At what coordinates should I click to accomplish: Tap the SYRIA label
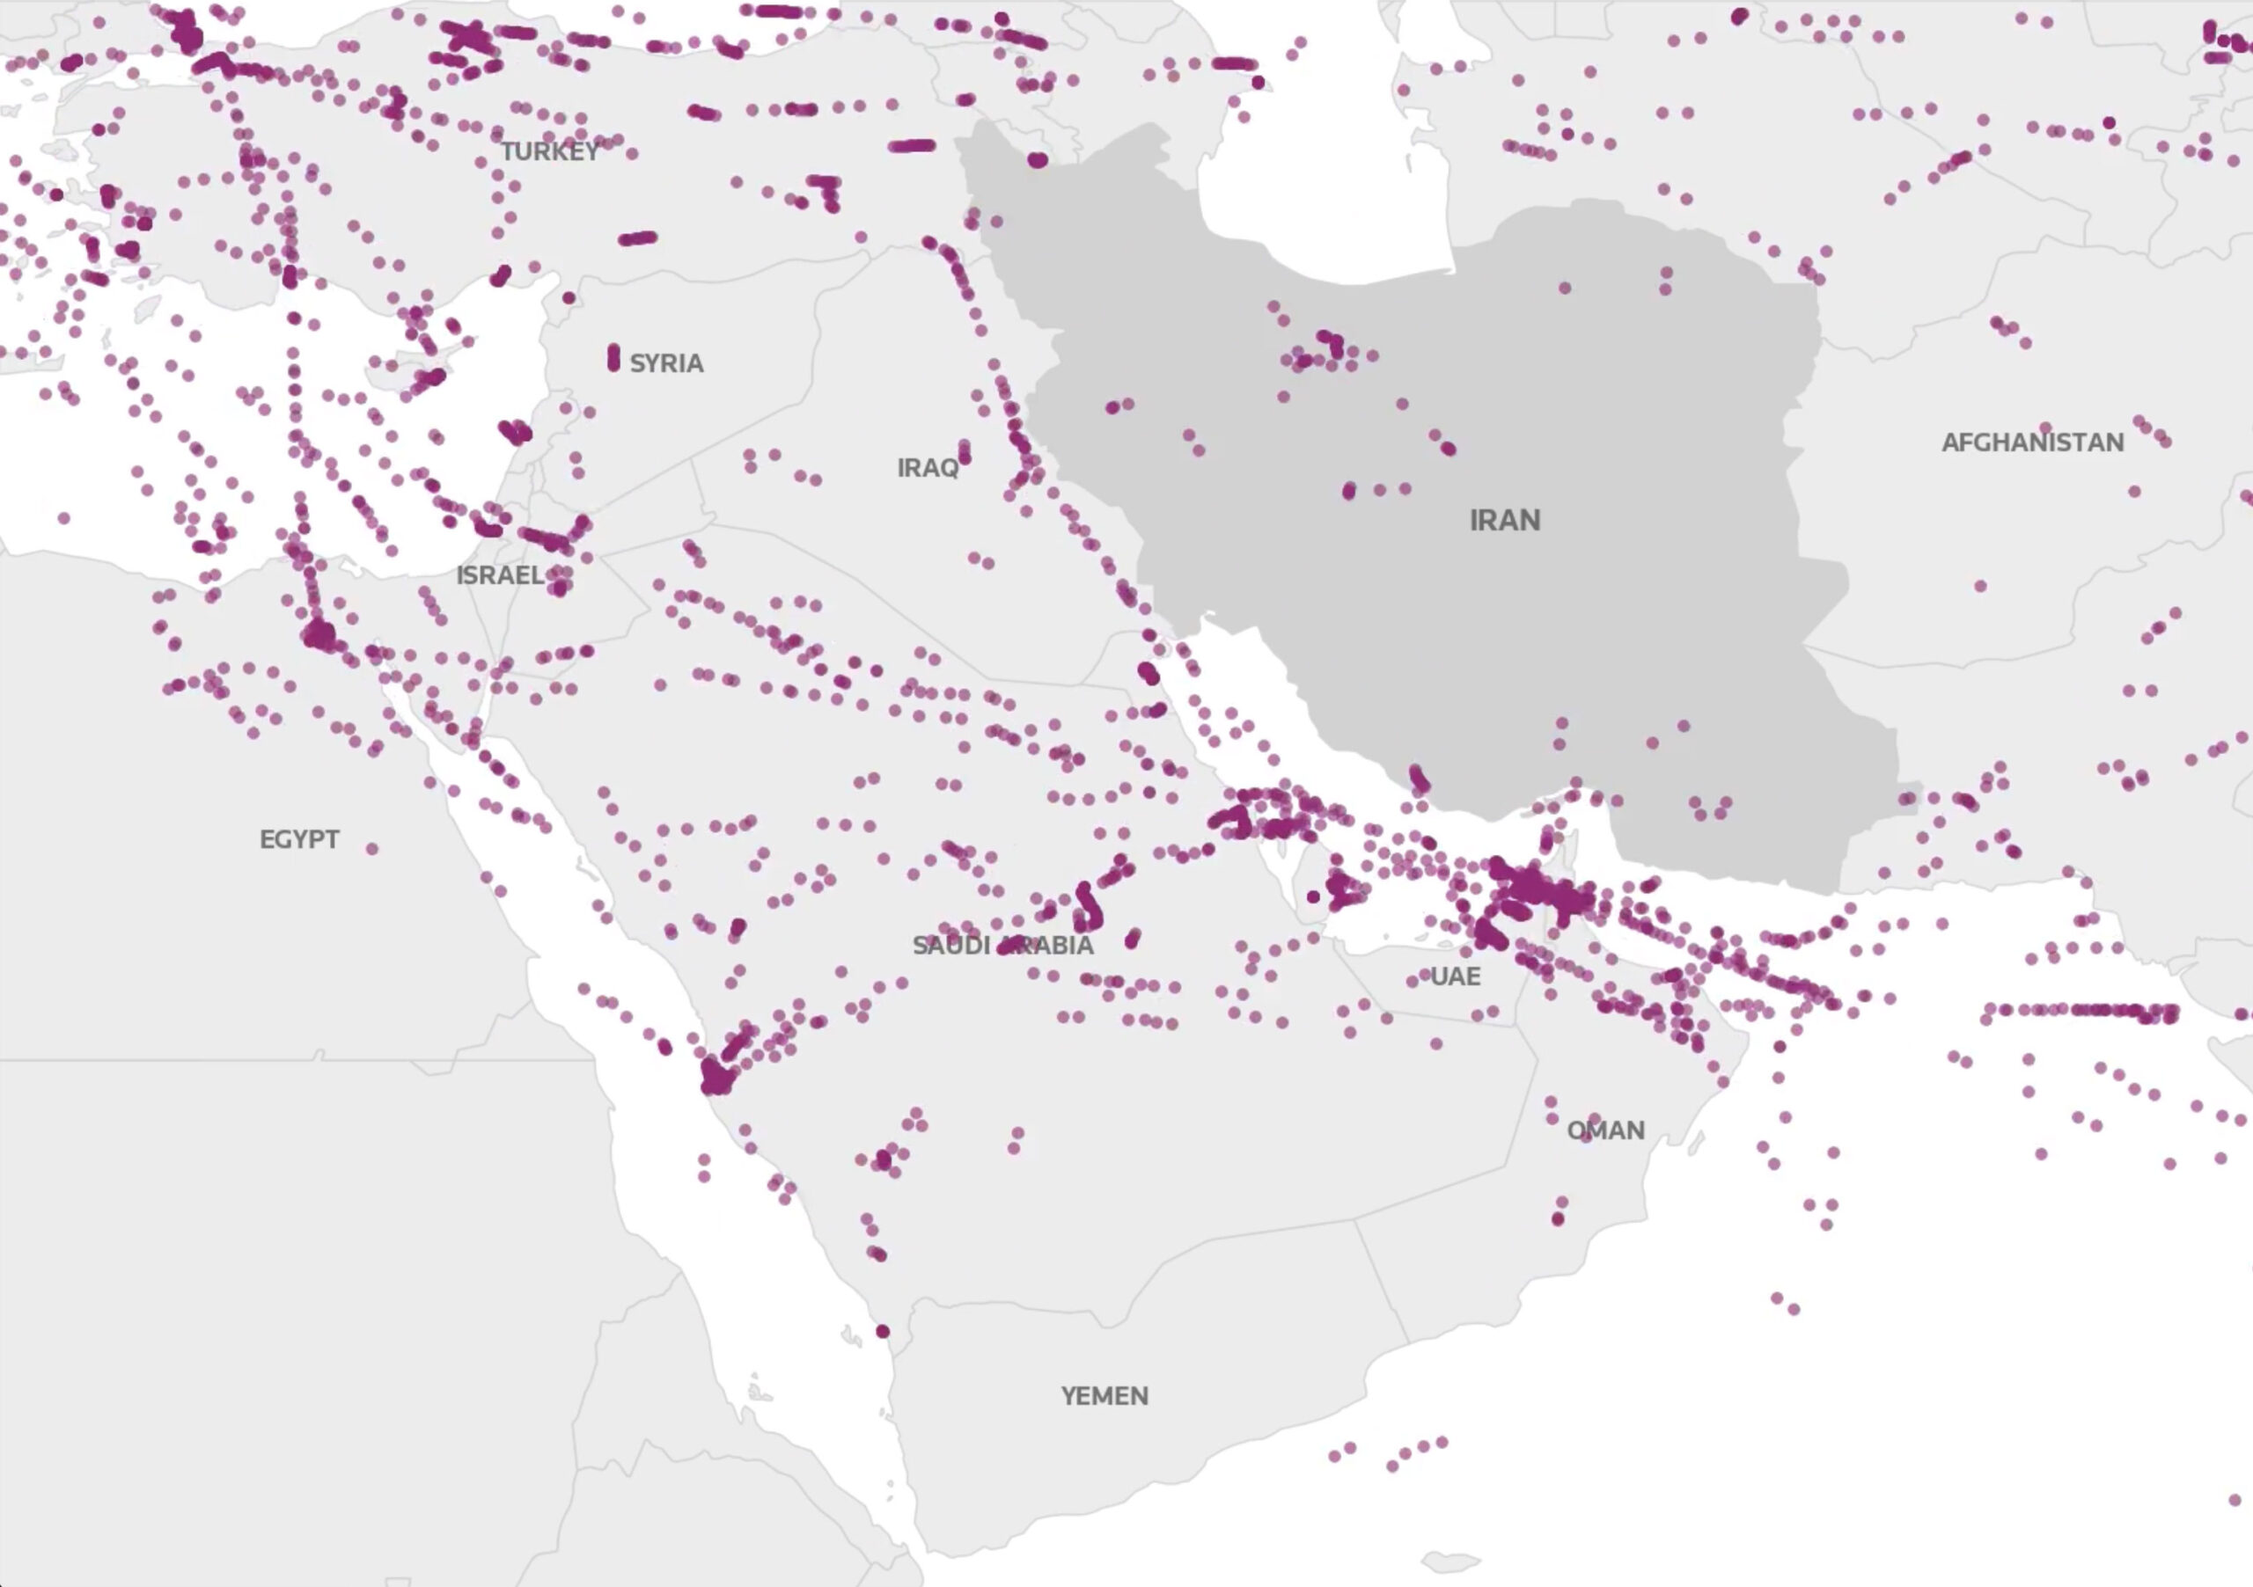pos(666,363)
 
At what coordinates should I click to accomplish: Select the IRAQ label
pos(928,468)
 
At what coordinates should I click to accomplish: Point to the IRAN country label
pos(1504,520)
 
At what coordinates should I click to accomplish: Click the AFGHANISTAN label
pos(2032,442)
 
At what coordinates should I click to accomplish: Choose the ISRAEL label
pos(500,574)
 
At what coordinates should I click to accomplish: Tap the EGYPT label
pos(299,839)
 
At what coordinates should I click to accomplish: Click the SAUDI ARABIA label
pos(1003,946)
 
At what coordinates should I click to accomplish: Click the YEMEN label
pos(1104,1396)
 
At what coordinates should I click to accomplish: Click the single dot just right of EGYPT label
pos(372,848)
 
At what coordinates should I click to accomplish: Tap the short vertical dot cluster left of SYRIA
pos(613,358)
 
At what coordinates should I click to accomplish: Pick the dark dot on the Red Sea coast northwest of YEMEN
pos(882,1331)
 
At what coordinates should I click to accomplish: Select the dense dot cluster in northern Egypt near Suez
pos(318,635)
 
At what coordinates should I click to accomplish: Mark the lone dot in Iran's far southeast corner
pos(1905,800)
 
